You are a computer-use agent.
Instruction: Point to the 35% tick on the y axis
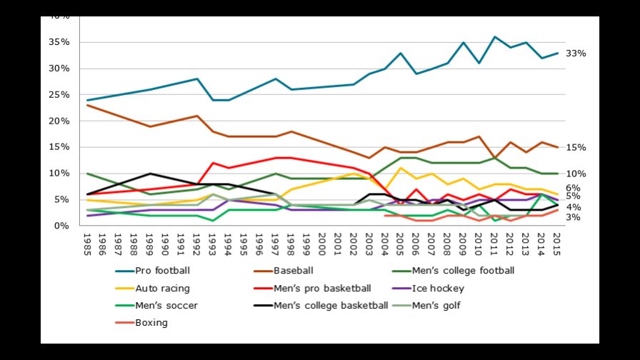[59, 42]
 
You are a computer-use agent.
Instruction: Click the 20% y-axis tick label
[59, 121]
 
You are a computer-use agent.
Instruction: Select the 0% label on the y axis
[62, 226]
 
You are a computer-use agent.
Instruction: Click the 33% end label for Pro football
[576, 54]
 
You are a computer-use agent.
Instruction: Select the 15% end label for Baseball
[576, 148]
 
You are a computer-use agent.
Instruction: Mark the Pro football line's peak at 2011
[494, 36]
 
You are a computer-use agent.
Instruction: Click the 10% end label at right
[576, 174]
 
